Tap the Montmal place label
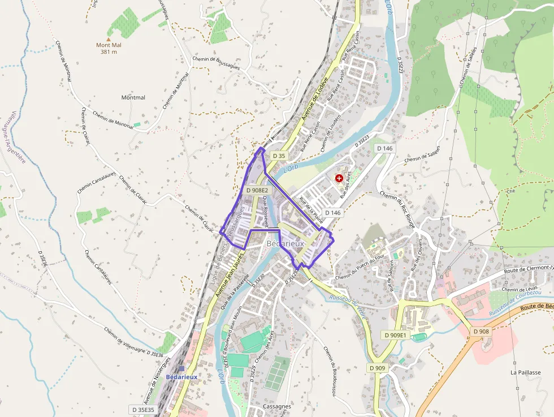coord(133,97)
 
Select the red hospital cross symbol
coord(339,178)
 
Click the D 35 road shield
coord(279,156)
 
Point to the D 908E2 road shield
coord(257,191)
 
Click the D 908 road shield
coord(481,331)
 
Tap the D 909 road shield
coord(378,368)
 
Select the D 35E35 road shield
coord(143,409)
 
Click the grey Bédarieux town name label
coord(285,243)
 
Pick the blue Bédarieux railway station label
coord(181,377)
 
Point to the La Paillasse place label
coord(525,372)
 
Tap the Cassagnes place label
coord(277,406)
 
